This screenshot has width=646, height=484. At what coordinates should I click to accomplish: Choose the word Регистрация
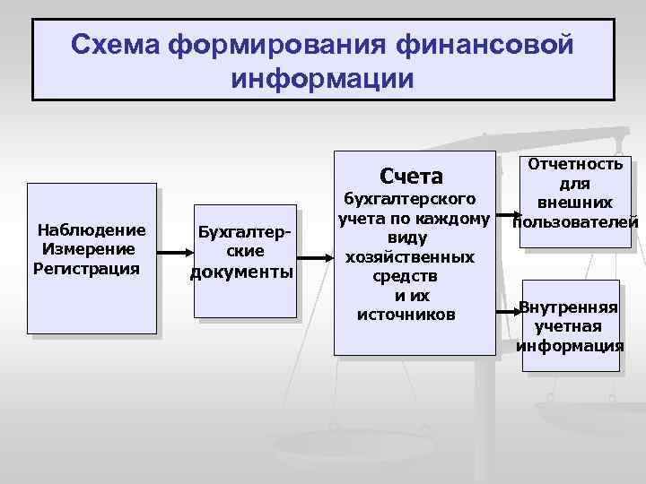[x=86, y=268]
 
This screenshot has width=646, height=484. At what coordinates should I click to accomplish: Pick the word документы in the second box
[x=242, y=272]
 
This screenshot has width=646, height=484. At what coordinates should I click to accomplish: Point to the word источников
[x=406, y=314]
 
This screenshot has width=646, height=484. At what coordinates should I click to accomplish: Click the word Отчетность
[x=575, y=164]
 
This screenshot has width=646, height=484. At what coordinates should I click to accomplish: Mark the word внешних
[x=575, y=203]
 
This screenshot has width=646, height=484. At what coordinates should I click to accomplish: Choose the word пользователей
[x=575, y=221]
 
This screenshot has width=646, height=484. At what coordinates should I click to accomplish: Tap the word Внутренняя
[x=569, y=307]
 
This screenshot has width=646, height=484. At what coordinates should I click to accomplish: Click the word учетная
[x=569, y=326]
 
